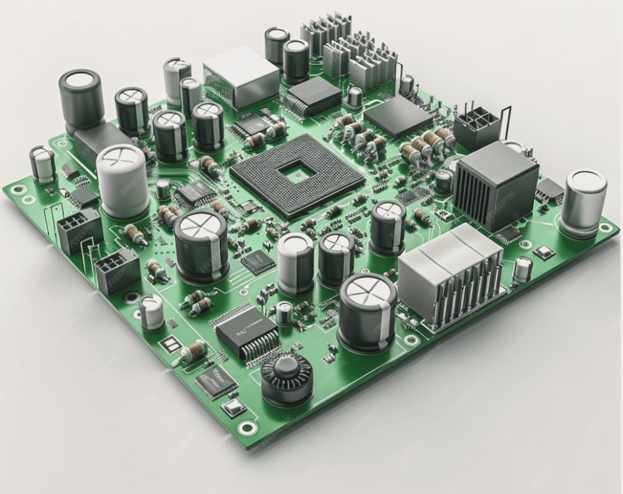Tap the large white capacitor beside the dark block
pyautogui.click(x=123, y=181)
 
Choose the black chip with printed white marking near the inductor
pyautogui.click(x=246, y=333)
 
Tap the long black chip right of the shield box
pyautogui.click(x=312, y=97)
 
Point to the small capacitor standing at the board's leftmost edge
pyautogui.click(x=43, y=164)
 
